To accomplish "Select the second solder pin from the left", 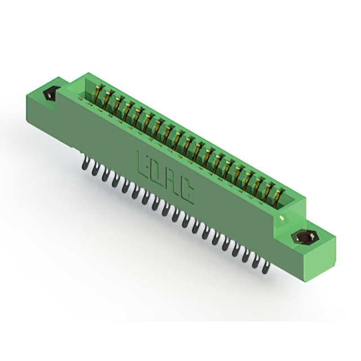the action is [95, 170].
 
